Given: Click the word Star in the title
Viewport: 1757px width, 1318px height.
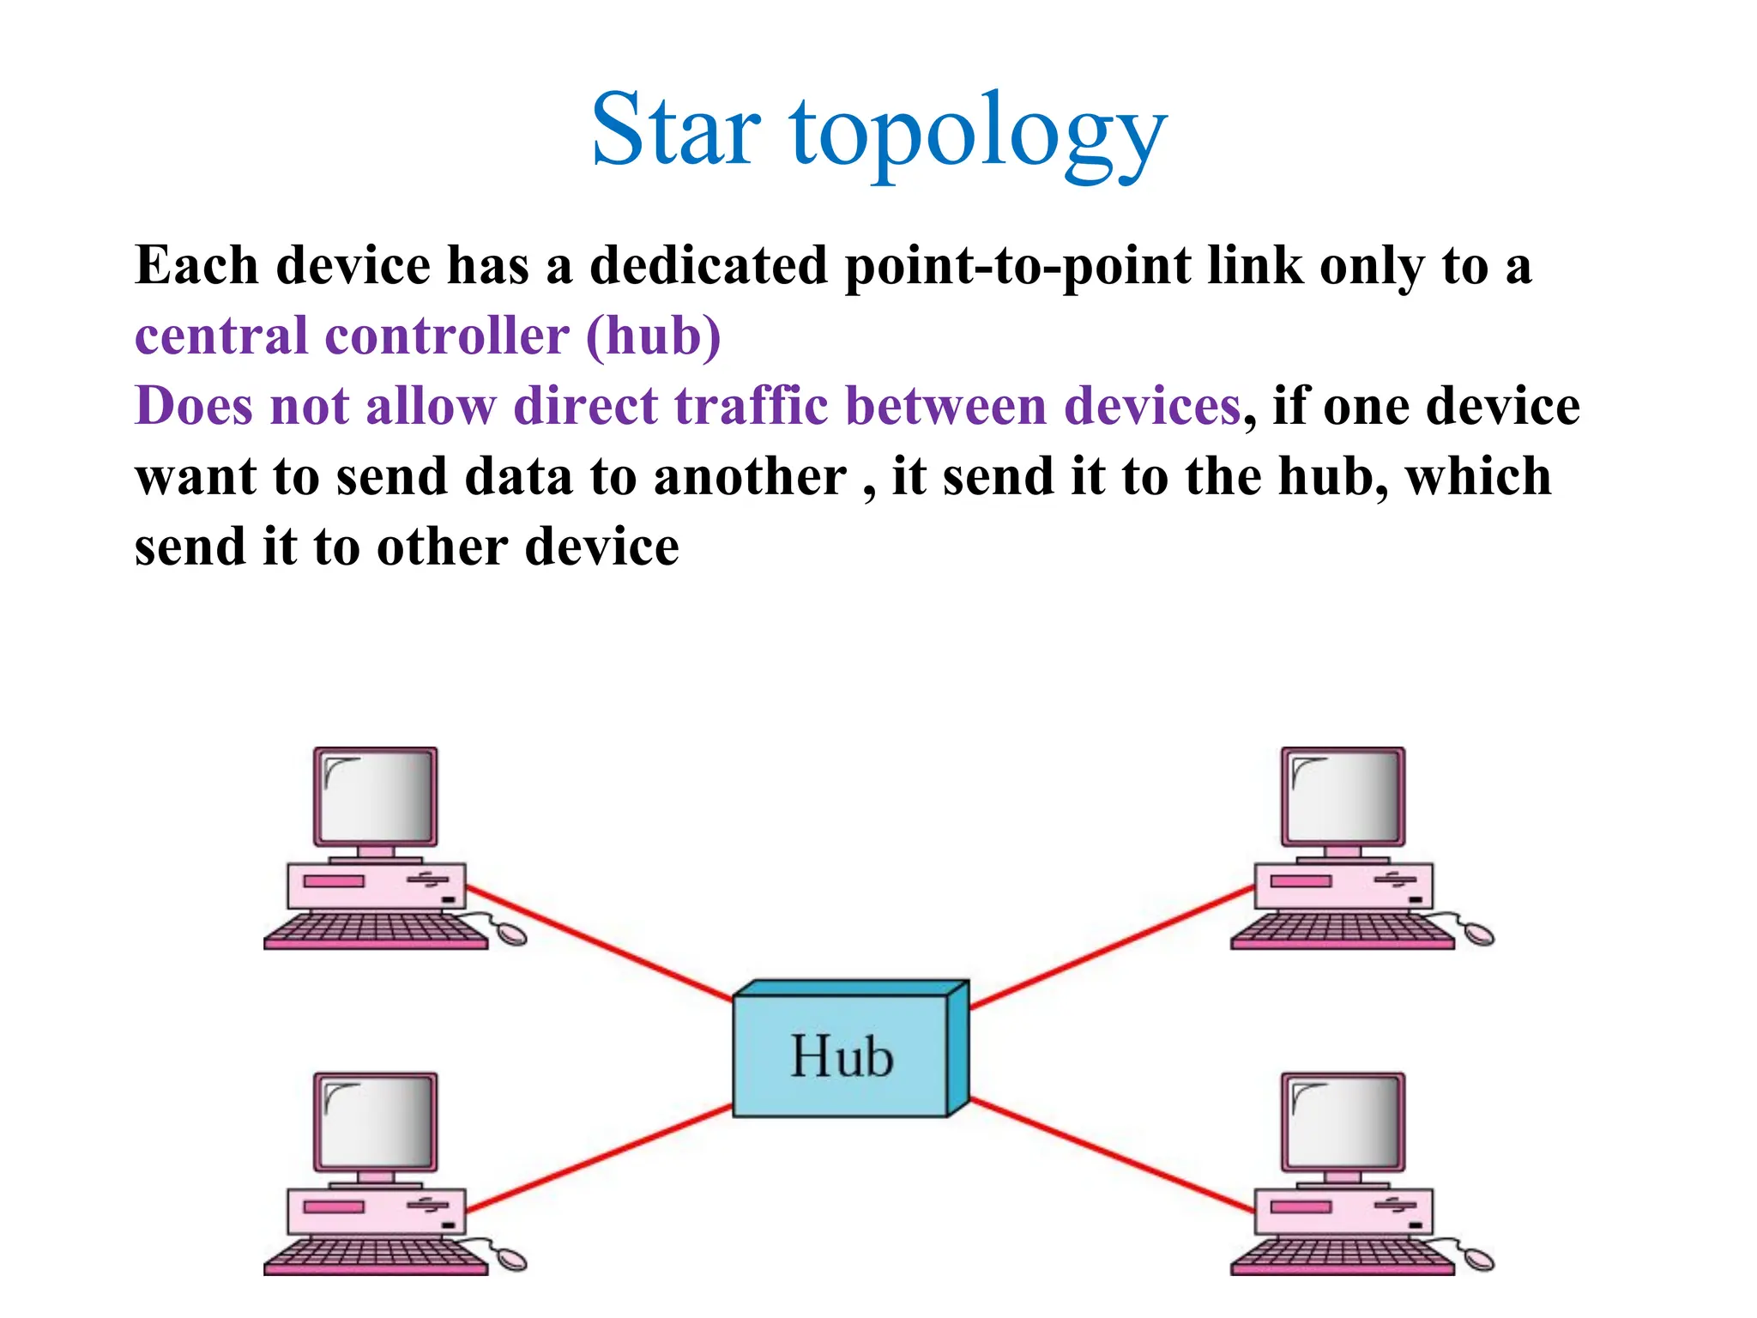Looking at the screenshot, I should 675,130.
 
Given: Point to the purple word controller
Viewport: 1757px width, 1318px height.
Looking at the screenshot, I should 447,336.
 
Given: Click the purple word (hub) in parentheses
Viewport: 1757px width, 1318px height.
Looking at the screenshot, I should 654,336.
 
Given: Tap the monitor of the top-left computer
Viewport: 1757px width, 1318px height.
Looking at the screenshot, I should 375,796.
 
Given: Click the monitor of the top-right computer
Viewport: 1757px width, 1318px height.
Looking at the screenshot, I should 1343,796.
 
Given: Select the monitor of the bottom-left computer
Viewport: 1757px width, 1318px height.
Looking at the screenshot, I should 375,1122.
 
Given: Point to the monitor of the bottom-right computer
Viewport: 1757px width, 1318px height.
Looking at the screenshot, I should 1343,1122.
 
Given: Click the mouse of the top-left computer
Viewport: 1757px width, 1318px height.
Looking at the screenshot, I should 512,934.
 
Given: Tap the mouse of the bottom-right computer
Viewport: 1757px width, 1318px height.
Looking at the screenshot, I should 1479,1260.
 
